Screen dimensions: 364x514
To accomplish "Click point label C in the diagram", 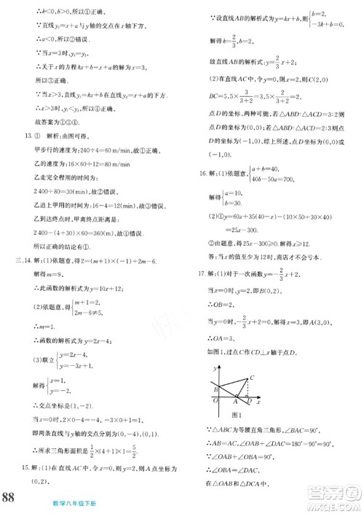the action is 250,376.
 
